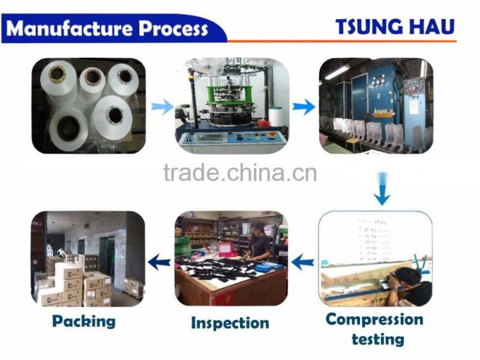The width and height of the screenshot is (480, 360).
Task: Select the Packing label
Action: click(x=83, y=321)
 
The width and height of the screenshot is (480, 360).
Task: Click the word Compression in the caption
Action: click(x=374, y=319)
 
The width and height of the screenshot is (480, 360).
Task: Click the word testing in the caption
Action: click(x=377, y=339)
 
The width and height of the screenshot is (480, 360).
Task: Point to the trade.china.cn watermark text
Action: click(x=239, y=173)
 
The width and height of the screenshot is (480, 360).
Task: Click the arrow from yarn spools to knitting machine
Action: click(x=160, y=107)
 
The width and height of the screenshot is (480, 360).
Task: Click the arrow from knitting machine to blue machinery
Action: click(x=304, y=107)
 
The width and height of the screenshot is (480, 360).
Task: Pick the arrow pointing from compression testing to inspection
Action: click(x=303, y=262)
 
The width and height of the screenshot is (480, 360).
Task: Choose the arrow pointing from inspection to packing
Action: click(x=159, y=261)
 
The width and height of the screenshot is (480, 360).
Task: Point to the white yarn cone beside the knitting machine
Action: click(x=275, y=115)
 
